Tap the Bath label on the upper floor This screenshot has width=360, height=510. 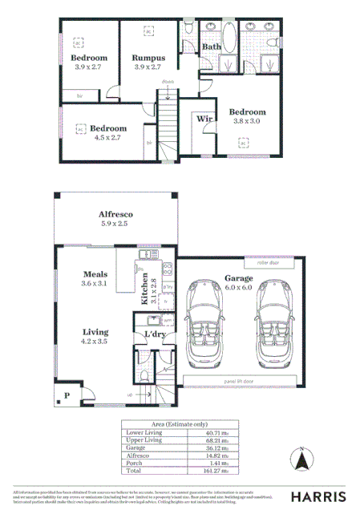coord(212,47)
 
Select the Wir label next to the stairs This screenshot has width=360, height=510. coord(204,118)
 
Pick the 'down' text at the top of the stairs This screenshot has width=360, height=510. coord(168,83)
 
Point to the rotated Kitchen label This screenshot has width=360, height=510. coord(145,289)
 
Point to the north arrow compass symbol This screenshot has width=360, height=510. coord(302,460)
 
